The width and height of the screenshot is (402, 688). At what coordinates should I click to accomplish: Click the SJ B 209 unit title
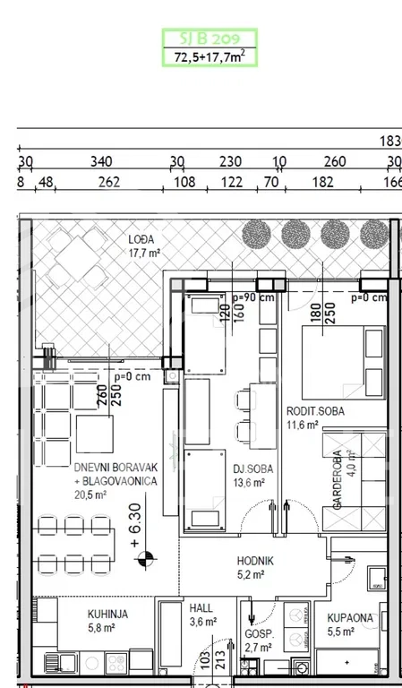pyautogui.click(x=210, y=39)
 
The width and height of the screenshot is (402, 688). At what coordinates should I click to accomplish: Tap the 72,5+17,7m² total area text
pyautogui.click(x=210, y=56)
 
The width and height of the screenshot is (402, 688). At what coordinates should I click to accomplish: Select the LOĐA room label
pyautogui.click(x=141, y=239)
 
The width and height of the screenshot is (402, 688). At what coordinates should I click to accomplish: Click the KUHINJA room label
pyautogui.click(x=107, y=615)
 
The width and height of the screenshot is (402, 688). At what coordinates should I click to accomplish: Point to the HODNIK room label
pyautogui.click(x=255, y=561)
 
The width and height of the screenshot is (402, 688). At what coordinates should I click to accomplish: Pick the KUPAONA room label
pyautogui.click(x=350, y=618)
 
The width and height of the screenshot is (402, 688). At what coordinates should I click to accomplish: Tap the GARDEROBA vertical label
pyautogui.click(x=338, y=480)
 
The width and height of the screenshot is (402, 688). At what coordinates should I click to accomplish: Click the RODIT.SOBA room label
pyautogui.click(x=315, y=411)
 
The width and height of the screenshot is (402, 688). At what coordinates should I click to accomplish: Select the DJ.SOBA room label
pyautogui.click(x=253, y=469)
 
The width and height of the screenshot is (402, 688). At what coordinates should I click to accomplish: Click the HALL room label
pyautogui.click(x=201, y=608)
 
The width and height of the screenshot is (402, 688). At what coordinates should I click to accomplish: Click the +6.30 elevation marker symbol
pyautogui.click(x=147, y=559)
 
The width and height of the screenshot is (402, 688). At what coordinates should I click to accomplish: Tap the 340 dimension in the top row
pyautogui.click(x=101, y=162)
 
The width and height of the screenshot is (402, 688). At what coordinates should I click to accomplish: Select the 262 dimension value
pyautogui.click(x=108, y=182)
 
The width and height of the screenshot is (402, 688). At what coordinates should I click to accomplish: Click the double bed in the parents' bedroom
pyautogui.click(x=344, y=363)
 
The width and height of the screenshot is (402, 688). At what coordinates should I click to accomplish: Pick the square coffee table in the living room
pyautogui.click(x=95, y=434)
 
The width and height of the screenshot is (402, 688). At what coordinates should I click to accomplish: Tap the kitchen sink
pyautogui.click(x=61, y=664)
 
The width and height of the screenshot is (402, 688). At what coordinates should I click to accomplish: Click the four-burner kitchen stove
pyautogui.click(x=116, y=663)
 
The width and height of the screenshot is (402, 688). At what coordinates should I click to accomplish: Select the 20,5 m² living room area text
pyautogui.click(x=91, y=494)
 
